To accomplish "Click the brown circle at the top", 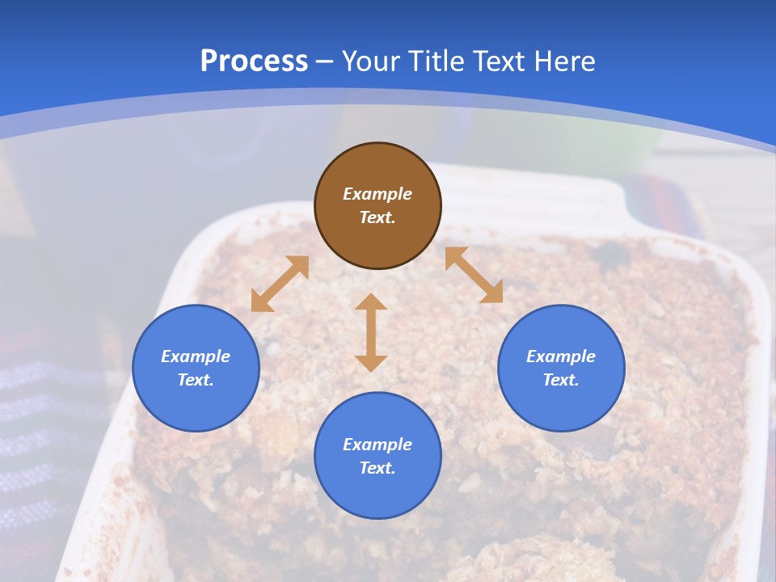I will click(x=377, y=206).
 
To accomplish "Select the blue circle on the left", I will click(x=196, y=368).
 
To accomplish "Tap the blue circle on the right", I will click(x=561, y=368).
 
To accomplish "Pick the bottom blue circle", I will click(x=377, y=455).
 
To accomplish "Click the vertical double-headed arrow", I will click(x=371, y=332).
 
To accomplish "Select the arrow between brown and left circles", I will click(x=280, y=284).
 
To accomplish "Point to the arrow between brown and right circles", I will click(x=474, y=275).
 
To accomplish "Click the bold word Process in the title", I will click(x=254, y=61).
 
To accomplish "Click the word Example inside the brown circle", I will click(x=377, y=194).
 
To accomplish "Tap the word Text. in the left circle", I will click(x=196, y=380).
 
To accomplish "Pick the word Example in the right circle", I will click(x=561, y=356).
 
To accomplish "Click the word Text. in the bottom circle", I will click(x=377, y=468).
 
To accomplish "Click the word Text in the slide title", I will click(x=500, y=61).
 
